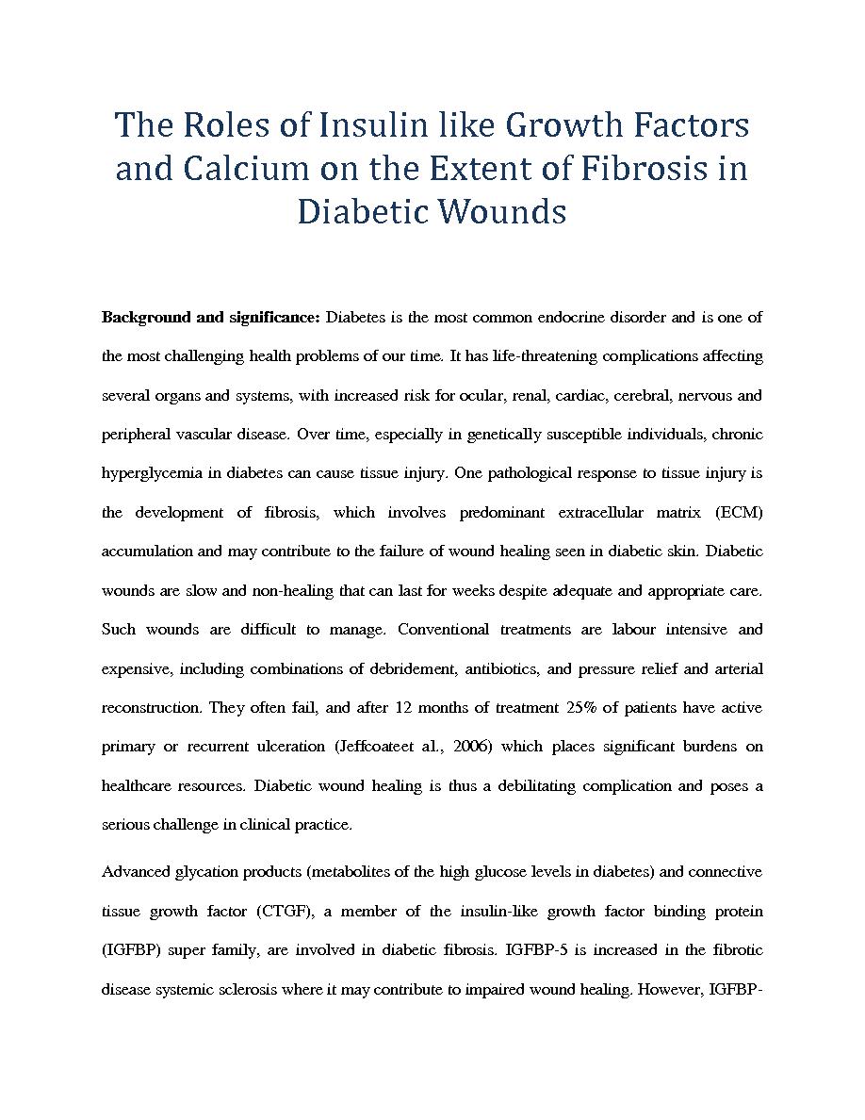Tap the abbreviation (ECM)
(739, 513)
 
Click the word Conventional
(444, 629)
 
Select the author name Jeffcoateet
(370, 747)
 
